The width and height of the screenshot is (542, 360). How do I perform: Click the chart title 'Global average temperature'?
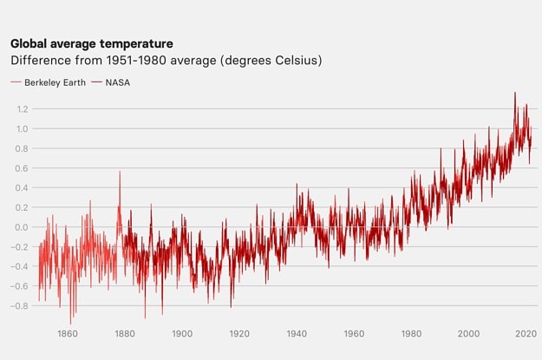(91, 43)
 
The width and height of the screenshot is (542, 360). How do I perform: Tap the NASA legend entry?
(118, 82)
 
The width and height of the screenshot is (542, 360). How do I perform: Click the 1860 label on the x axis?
(67, 333)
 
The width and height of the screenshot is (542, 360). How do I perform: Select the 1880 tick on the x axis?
(124, 333)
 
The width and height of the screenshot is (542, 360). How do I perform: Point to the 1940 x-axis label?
(297, 333)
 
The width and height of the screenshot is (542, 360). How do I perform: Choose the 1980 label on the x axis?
(411, 333)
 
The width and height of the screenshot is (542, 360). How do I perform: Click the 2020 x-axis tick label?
(525, 333)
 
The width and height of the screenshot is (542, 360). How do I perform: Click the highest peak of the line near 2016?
(515, 93)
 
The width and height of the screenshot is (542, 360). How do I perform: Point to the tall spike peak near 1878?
(120, 172)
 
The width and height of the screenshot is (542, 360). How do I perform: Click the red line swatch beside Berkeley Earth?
(16, 82)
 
